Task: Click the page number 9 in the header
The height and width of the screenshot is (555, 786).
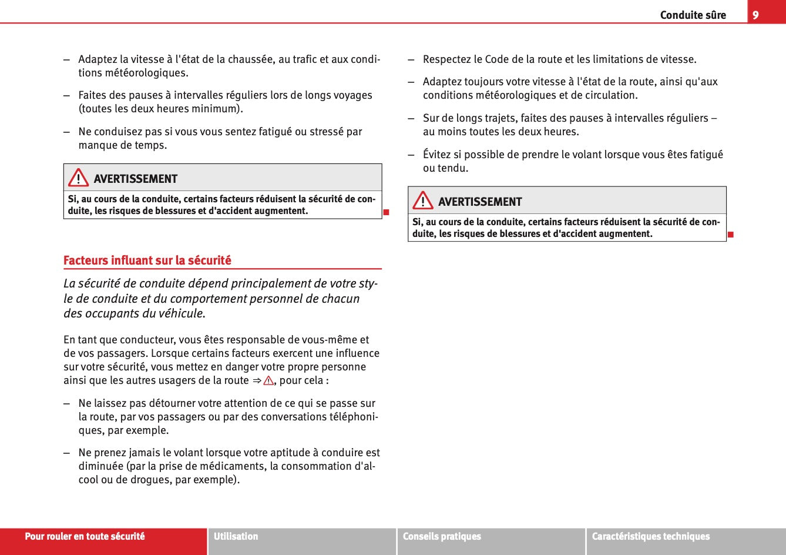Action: (x=755, y=15)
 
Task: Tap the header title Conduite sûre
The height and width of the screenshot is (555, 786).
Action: (x=693, y=15)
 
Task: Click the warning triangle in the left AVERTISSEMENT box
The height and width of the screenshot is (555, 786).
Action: (x=78, y=178)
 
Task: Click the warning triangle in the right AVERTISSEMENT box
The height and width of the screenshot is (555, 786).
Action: (x=422, y=200)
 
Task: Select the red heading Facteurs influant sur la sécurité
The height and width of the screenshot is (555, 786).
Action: (x=147, y=260)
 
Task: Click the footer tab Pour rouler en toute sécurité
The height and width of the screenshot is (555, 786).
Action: (x=85, y=536)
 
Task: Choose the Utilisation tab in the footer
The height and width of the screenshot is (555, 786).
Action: (x=236, y=536)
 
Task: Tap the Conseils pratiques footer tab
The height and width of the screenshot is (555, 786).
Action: (x=442, y=536)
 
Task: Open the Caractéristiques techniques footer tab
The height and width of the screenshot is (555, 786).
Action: (x=651, y=536)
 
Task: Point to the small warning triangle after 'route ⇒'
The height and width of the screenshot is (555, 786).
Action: (x=268, y=380)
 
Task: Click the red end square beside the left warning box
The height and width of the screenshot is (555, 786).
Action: (x=387, y=212)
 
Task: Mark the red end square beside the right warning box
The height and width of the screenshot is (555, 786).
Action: (x=731, y=235)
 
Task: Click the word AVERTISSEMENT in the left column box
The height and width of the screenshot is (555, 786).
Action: (x=135, y=179)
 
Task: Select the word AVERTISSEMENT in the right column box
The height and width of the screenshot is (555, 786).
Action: (x=480, y=202)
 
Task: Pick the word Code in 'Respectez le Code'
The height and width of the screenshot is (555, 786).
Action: (x=497, y=59)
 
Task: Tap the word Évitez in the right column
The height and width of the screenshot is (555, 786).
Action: (x=437, y=155)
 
